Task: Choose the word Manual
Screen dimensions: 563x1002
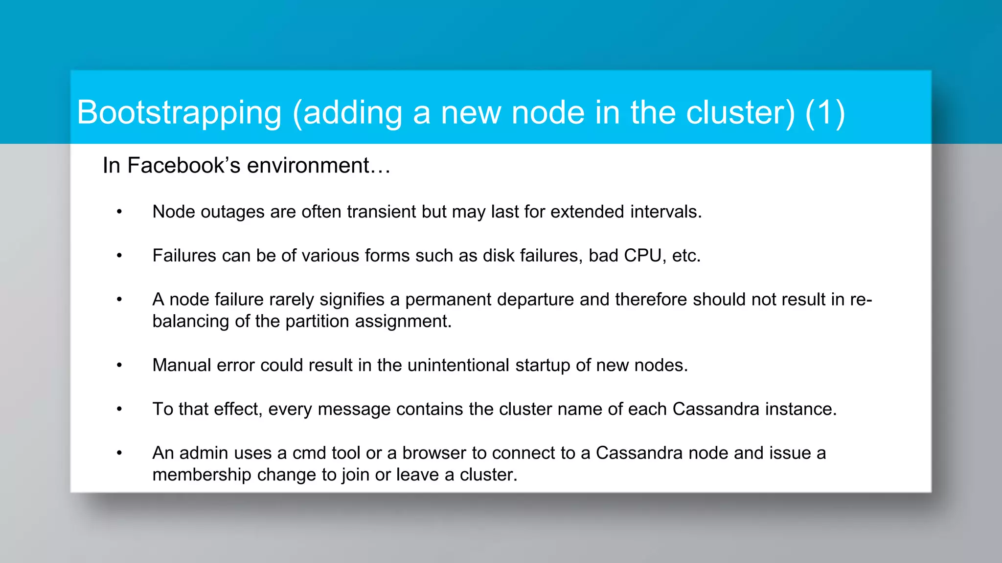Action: tap(182, 366)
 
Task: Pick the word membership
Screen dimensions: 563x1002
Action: tap(202, 475)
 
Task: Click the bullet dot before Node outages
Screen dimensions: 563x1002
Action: tap(119, 212)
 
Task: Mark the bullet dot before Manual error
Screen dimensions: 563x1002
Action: tap(119, 366)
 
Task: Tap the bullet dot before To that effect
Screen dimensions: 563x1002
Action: tap(119, 410)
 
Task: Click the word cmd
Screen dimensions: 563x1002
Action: tap(309, 453)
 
